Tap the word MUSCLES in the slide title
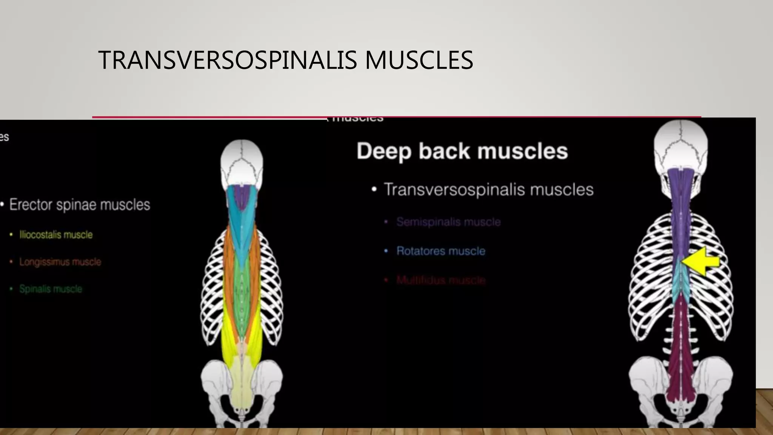coord(419,60)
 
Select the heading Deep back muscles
coord(462,151)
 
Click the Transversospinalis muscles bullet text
coord(488,190)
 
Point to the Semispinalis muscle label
coord(448,222)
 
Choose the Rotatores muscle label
coord(440,251)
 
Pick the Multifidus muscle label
coord(440,280)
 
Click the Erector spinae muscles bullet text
coord(80,205)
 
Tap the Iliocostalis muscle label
coord(56,234)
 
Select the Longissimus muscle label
coord(60,262)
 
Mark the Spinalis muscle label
coord(51,289)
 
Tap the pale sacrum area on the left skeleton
coord(242,381)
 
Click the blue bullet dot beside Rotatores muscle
coord(386,251)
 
